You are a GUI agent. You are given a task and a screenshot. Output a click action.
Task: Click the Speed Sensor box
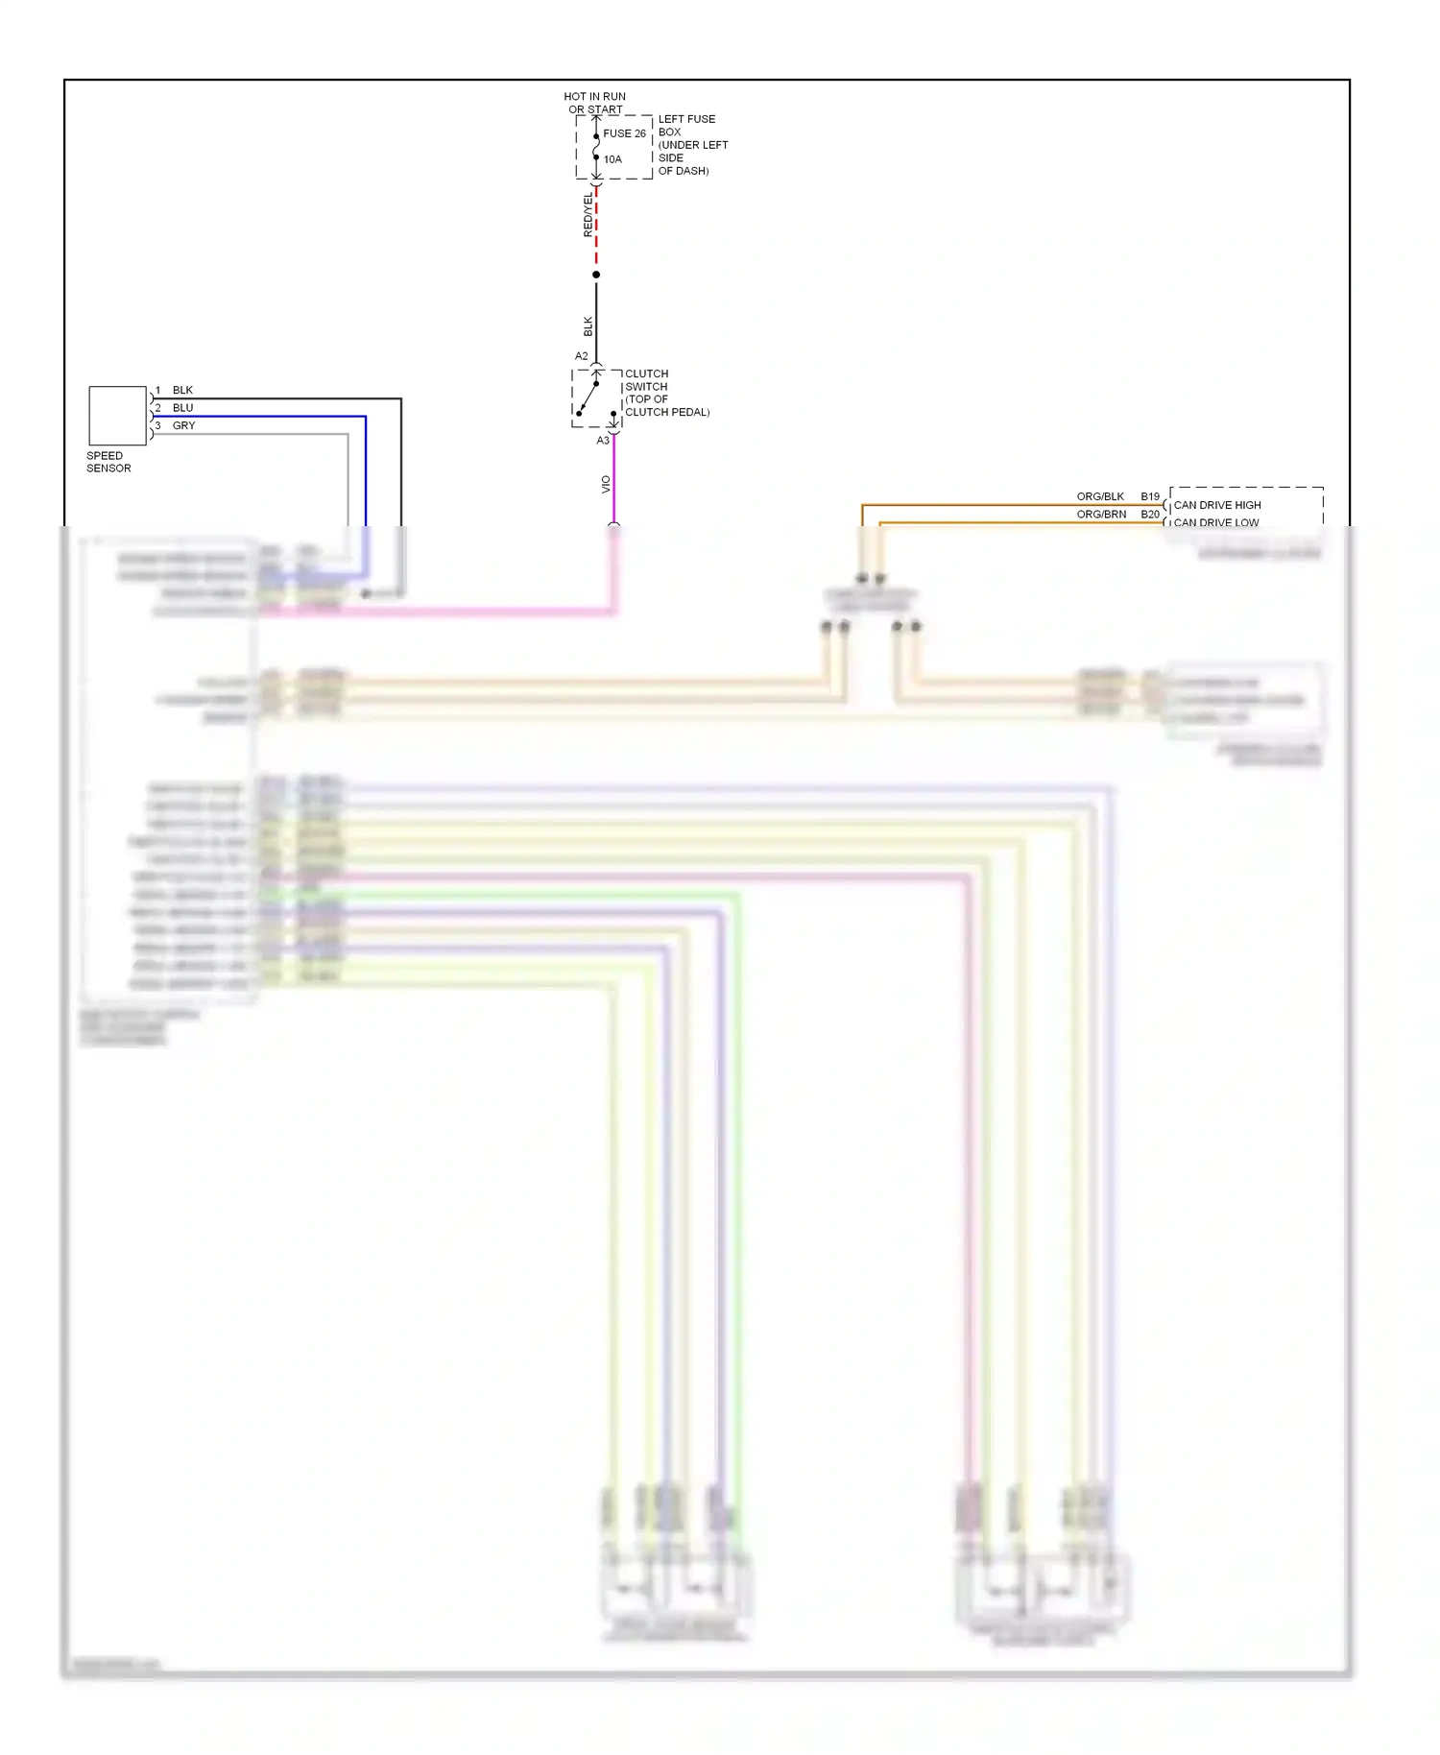[117, 415]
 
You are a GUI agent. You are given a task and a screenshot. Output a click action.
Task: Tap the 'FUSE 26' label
[624, 133]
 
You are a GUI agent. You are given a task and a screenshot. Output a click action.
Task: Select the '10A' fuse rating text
[612, 159]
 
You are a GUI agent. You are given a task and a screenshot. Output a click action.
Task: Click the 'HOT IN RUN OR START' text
[594, 103]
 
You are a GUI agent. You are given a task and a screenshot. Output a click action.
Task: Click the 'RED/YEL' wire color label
[588, 215]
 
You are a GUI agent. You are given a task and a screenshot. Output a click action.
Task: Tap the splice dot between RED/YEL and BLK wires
[596, 275]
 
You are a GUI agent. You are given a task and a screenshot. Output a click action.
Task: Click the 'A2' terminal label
[581, 356]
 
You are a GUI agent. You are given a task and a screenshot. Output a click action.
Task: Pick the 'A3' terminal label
[603, 441]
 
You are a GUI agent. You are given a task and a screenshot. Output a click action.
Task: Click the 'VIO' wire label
[605, 485]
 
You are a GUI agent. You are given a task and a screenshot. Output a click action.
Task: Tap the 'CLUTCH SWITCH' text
[646, 380]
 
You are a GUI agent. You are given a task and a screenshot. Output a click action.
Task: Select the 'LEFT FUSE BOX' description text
[692, 145]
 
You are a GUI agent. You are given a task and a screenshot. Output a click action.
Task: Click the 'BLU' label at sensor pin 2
[182, 408]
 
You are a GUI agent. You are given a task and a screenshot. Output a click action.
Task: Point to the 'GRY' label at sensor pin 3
[183, 425]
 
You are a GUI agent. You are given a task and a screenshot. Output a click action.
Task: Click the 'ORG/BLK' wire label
[1100, 496]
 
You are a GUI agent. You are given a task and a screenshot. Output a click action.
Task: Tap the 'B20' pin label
[1150, 515]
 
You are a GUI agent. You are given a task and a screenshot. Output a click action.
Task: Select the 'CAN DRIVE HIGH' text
[1217, 505]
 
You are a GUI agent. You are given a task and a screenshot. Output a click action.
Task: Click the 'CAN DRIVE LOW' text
[1215, 522]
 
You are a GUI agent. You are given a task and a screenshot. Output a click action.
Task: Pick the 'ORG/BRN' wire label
[1101, 515]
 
